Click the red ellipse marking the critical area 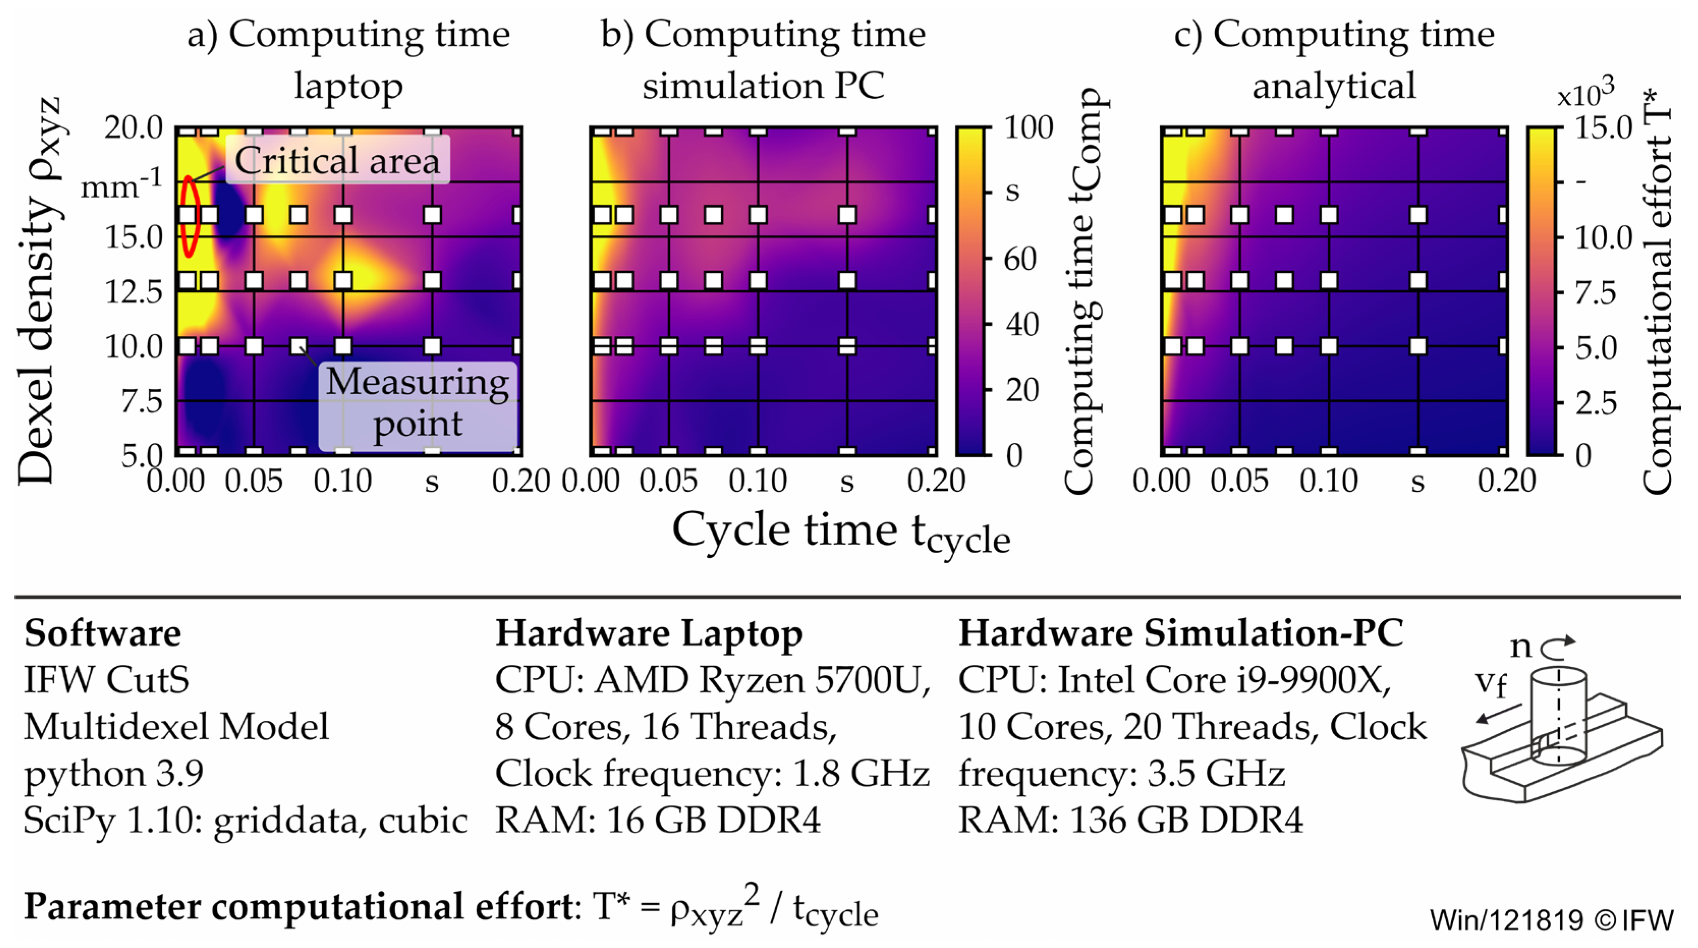[x=189, y=216]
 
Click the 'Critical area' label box [x=337, y=160]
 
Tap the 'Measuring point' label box [x=417, y=403]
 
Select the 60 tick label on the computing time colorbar [x=1020, y=259]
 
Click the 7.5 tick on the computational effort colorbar [x=1595, y=292]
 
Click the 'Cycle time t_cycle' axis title [x=840, y=532]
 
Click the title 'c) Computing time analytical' [x=1334, y=60]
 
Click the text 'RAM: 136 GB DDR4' [x=1130, y=821]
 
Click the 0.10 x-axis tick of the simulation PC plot [x=757, y=481]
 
